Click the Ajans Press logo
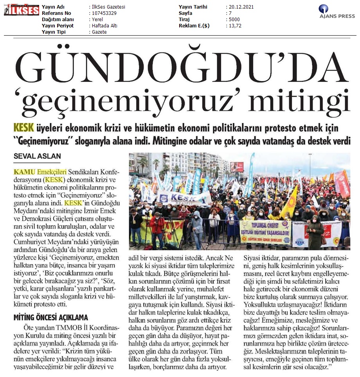click(x=337, y=11)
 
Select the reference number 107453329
click(x=105, y=13)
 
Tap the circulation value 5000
click(x=235, y=20)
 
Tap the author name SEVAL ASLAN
click(x=37, y=156)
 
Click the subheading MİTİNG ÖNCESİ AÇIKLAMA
click(x=51, y=317)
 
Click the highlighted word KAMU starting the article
click(x=25, y=171)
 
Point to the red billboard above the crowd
click(x=237, y=167)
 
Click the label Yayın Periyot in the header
click(x=58, y=26)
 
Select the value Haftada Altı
click(x=104, y=26)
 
